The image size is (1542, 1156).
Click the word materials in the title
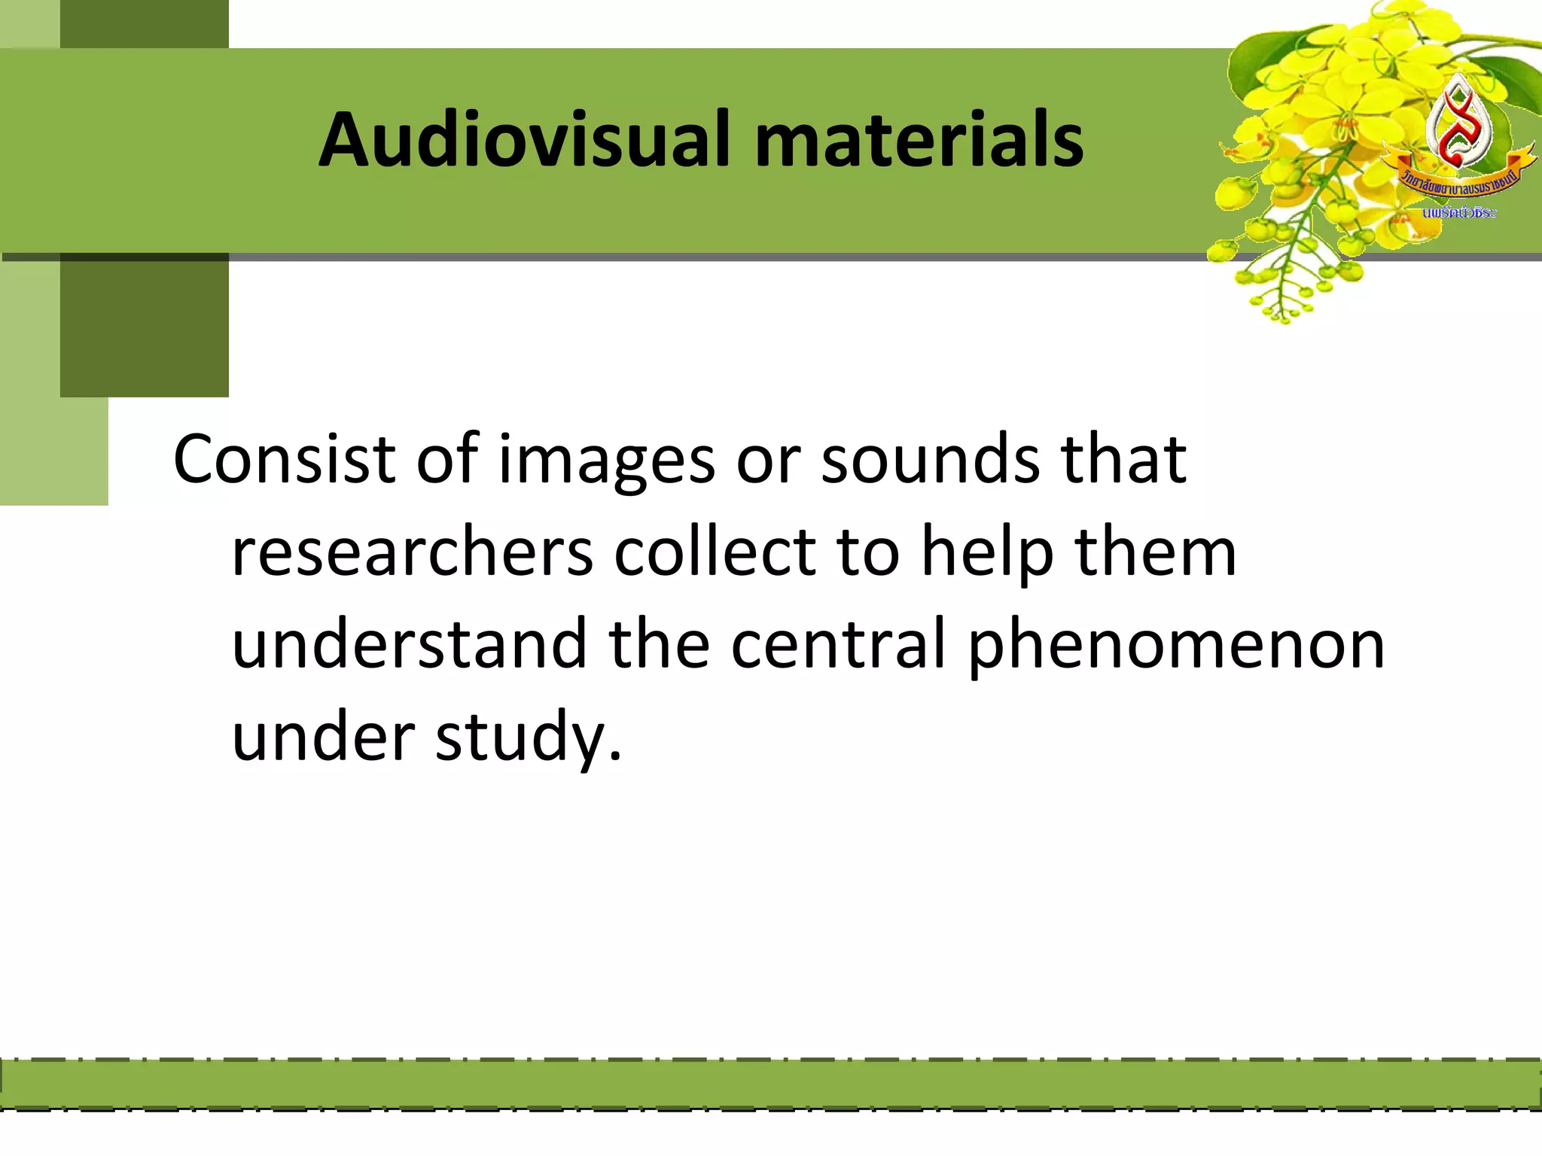[919, 141]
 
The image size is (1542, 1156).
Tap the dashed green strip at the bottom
[771, 1084]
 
